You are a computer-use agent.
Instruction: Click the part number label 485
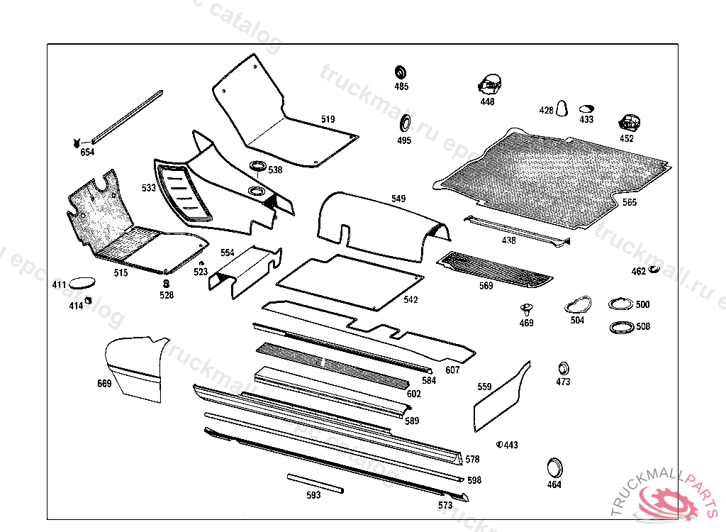[x=402, y=87]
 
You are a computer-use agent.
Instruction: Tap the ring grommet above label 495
[x=405, y=122]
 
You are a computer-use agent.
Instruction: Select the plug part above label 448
[x=488, y=84]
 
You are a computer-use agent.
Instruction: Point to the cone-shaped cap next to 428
[x=563, y=108]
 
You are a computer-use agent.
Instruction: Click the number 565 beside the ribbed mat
[x=630, y=203]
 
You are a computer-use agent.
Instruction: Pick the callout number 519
[x=328, y=120]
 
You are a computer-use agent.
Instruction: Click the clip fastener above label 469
[x=526, y=309]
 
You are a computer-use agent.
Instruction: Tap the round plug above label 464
[x=554, y=467]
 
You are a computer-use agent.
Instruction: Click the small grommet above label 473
[x=563, y=368]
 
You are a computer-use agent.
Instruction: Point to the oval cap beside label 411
[x=84, y=282]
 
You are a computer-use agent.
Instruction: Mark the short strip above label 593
[x=315, y=482]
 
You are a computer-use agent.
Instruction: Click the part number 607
[x=452, y=370]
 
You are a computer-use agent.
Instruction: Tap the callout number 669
[x=104, y=384]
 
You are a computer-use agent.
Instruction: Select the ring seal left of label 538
[x=257, y=167]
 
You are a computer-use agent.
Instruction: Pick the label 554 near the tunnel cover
[x=227, y=253]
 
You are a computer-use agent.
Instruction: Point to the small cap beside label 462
[x=654, y=270]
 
